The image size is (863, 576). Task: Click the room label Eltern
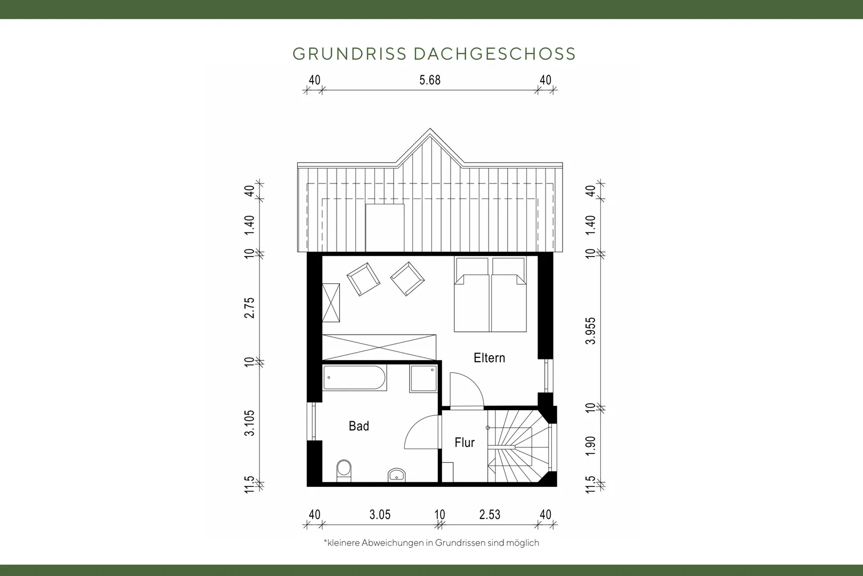489,358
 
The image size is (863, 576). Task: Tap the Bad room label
359,426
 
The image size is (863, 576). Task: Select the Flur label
465,443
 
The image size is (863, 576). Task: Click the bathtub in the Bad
354,378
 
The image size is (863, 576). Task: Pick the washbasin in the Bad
396,475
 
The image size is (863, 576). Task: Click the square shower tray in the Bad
424,379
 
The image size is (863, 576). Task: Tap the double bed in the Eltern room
490,294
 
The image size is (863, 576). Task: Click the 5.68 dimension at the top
430,80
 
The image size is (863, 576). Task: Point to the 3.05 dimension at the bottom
380,515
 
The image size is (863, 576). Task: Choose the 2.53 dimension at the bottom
490,515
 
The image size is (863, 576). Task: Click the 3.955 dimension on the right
591,331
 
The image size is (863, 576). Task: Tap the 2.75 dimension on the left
250,308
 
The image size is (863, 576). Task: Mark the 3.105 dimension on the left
250,423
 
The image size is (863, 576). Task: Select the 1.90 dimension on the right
591,445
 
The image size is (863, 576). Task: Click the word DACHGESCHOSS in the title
495,54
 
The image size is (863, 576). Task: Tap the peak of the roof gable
430,129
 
